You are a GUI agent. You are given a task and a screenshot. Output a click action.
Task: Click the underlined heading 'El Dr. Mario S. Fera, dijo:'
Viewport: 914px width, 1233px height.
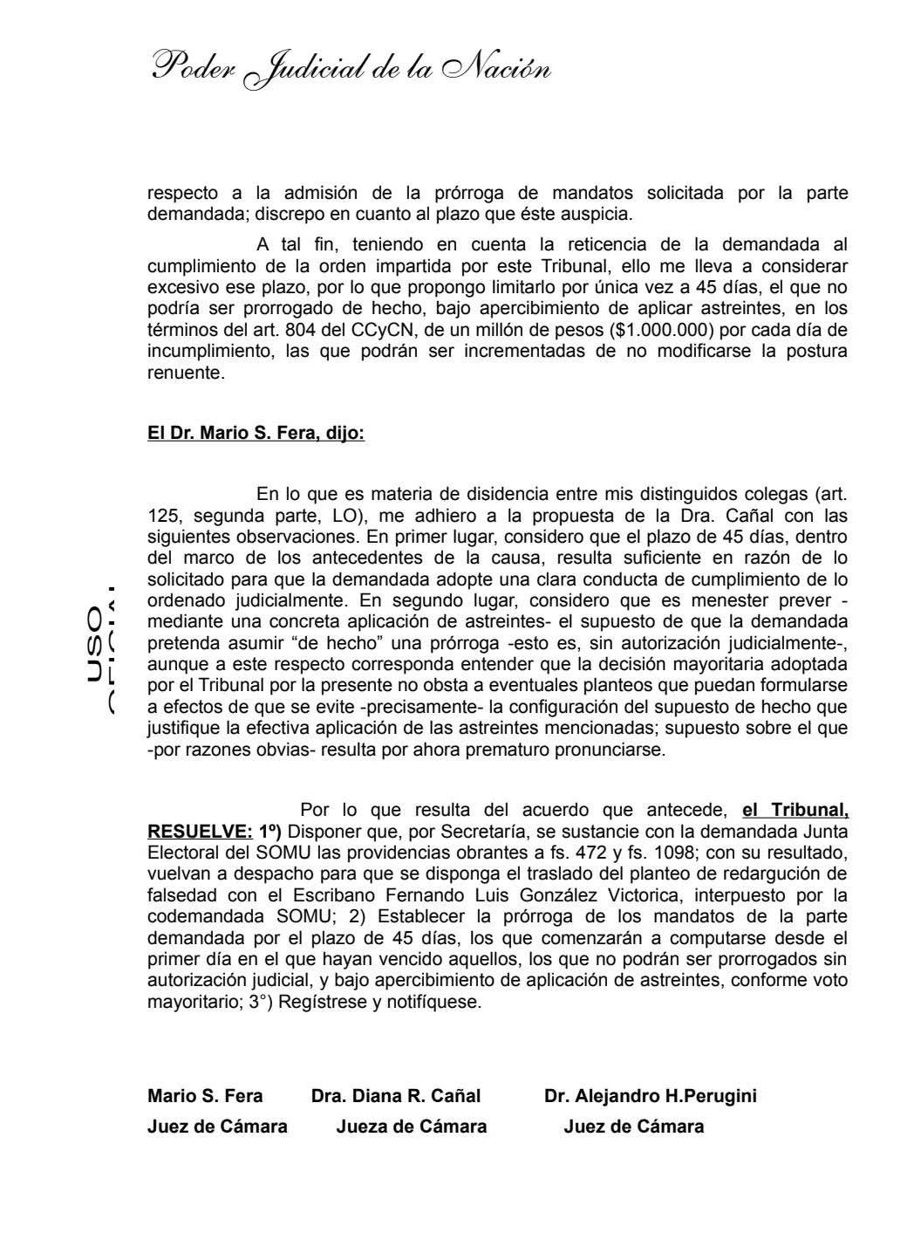256,433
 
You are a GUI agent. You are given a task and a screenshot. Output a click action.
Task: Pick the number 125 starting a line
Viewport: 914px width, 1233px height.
163,516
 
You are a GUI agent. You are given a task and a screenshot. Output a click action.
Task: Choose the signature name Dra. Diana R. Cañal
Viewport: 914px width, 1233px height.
395,1096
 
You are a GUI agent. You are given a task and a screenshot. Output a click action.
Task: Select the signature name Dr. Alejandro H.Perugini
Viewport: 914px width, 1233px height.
650,1096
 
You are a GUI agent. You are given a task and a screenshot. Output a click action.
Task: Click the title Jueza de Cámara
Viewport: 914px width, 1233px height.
411,1127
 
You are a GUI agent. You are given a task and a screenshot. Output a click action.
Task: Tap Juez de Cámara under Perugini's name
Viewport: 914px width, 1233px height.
633,1127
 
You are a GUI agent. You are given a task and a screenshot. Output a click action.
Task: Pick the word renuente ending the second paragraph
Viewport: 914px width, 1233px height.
183,373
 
